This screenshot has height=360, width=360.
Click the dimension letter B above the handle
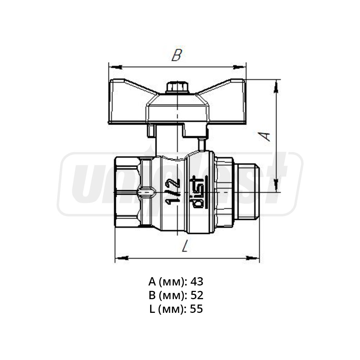pyautogui.click(x=176, y=55)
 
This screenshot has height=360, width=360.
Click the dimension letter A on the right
pyautogui.click(x=265, y=136)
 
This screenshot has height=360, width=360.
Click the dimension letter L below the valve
pyautogui.click(x=185, y=247)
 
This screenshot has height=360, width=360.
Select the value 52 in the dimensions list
pyautogui.click(x=197, y=295)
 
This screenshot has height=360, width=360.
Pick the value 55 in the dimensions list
pyautogui.click(x=197, y=309)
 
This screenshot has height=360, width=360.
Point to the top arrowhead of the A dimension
pyautogui.click(x=276, y=86)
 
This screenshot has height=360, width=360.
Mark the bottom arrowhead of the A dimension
pyautogui.click(x=276, y=185)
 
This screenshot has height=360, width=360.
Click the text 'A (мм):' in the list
pyautogui.click(x=168, y=282)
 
